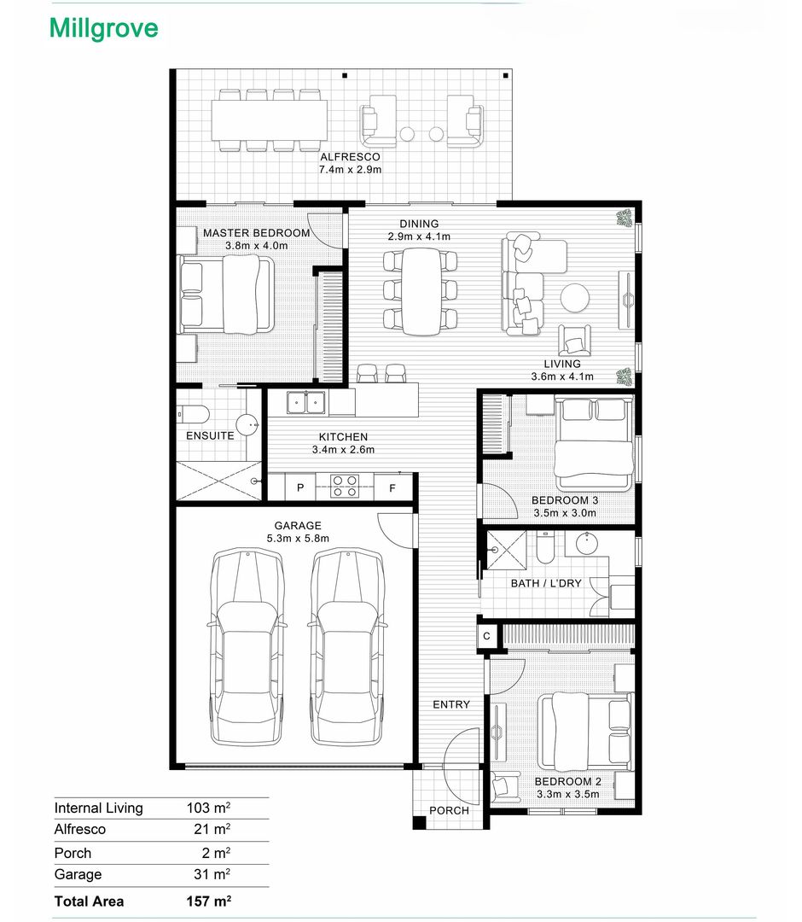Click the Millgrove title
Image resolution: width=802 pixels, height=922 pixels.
tap(104, 29)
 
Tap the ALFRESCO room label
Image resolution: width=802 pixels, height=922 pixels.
tap(350, 157)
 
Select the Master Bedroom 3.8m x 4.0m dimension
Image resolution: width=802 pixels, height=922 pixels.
tap(257, 246)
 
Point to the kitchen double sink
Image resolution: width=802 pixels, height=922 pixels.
tap(306, 403)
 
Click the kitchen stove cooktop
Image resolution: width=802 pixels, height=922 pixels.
tap(345, 487)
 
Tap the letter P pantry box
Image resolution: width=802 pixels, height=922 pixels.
tap(300, 487)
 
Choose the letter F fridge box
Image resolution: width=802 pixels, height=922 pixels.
tap(392, 487)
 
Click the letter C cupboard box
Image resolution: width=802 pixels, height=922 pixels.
tap(486, 636)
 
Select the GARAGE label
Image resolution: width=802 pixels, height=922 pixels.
tap(298, 526)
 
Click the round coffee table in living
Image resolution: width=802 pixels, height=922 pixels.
tap(574, 298)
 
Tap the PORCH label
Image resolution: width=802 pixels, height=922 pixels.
tap(449, 810)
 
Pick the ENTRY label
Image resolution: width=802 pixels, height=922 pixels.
tap(451, 704)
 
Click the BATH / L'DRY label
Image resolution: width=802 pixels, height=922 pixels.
tap(546, 583)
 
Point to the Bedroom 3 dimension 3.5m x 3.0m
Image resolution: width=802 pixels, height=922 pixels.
tap(565, 513)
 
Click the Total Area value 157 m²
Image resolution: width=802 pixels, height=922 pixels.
tap(208, 901)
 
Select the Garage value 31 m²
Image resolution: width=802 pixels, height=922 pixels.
tap(212, 874)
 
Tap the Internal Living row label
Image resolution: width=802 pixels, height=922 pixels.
tap(99, 808)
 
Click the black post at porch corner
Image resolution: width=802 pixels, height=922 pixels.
tap(419, 823)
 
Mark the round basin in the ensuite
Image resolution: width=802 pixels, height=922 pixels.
tap(247, 424)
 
